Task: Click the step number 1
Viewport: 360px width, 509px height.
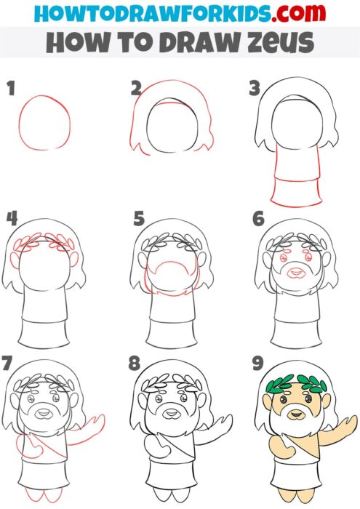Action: tap(10, 89)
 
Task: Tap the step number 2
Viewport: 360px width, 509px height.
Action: tap(135, 89)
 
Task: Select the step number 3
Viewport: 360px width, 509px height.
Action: tap(254, 89)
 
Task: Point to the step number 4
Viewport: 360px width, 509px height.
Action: tap(11, 217)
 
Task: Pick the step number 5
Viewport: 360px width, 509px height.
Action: tap(138, 217)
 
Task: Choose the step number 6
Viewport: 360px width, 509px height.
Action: tap(257, 217)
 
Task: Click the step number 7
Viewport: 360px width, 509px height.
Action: tap(9, 361)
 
